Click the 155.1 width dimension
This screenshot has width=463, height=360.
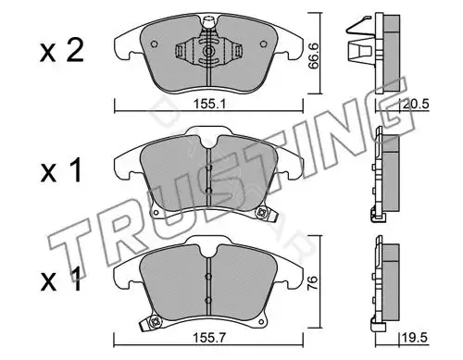(x=209, y=104)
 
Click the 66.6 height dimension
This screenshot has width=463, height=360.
(x=314, y=56)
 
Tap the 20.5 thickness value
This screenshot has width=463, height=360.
(x=416, y=104)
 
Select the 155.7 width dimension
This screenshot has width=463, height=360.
(x=209, y=338)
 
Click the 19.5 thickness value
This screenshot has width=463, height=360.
(x=415, y=338)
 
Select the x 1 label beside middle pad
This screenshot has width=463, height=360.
(x=61, y=170)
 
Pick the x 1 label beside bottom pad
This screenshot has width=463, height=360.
(x=61, y=279)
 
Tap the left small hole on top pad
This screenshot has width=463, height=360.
(x=154, y=44)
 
